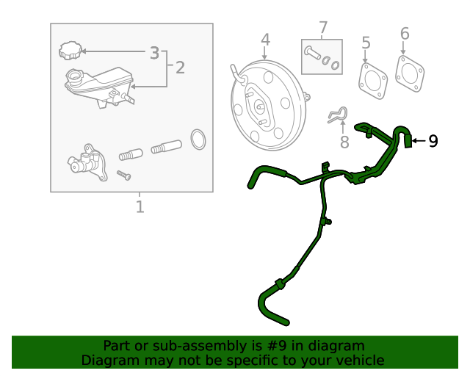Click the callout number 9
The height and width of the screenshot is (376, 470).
click(433, 140)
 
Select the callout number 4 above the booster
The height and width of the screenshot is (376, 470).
click(265, 40)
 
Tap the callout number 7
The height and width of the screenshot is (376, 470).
click(322, 29)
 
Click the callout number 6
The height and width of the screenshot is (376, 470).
click(404, 34)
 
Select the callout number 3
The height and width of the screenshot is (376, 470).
click(154, 52)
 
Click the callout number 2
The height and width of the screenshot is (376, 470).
click(180, 68)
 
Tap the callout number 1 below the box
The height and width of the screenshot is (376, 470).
click(140, 207)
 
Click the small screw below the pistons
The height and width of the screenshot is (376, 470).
click(123, 175)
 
